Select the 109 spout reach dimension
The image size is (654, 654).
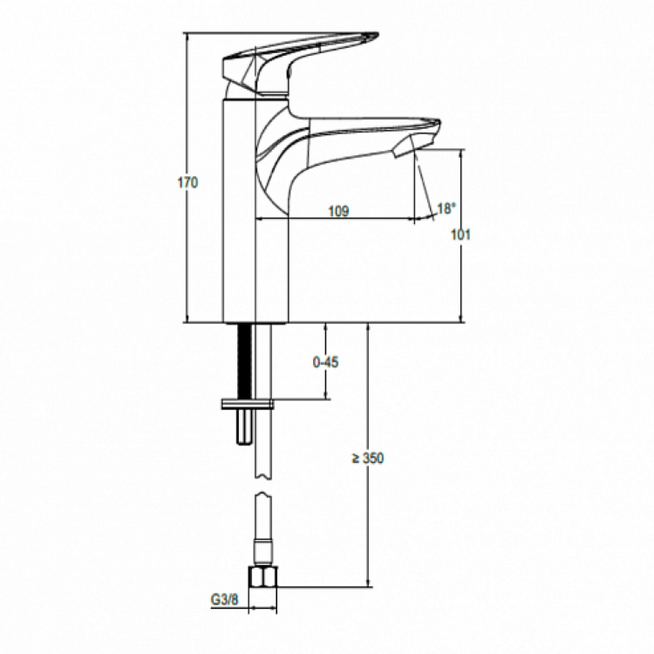[338, 209]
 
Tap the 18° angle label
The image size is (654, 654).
[446, 208]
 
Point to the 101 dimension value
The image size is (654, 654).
[461, 235]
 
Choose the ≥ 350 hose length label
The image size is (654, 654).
[368, 458]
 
